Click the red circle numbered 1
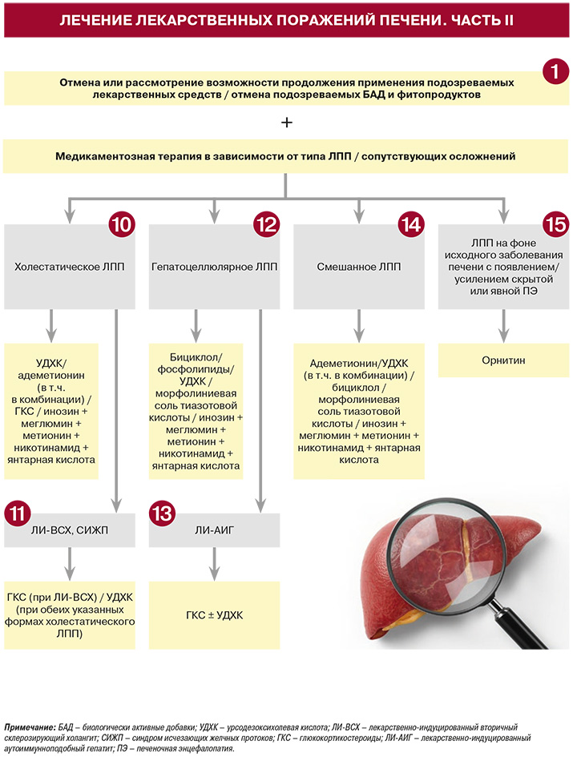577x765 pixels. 555,72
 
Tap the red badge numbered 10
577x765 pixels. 121,225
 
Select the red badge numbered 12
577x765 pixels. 266,225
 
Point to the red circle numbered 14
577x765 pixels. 410,225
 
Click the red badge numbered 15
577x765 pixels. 555,225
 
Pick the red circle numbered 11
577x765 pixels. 18,513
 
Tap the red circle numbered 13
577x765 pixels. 162,513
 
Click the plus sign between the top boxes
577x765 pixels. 287,123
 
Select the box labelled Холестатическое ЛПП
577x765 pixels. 70,267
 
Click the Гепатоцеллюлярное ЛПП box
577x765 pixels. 214,267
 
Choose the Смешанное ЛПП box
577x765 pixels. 359,267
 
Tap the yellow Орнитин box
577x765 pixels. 503,360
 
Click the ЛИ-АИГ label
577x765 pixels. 214,529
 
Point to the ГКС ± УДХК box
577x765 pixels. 214,615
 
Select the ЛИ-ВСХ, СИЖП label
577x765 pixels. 70,529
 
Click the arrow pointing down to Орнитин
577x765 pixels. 503,325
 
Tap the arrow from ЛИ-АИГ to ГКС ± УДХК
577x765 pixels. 214,563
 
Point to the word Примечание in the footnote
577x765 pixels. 28,727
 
